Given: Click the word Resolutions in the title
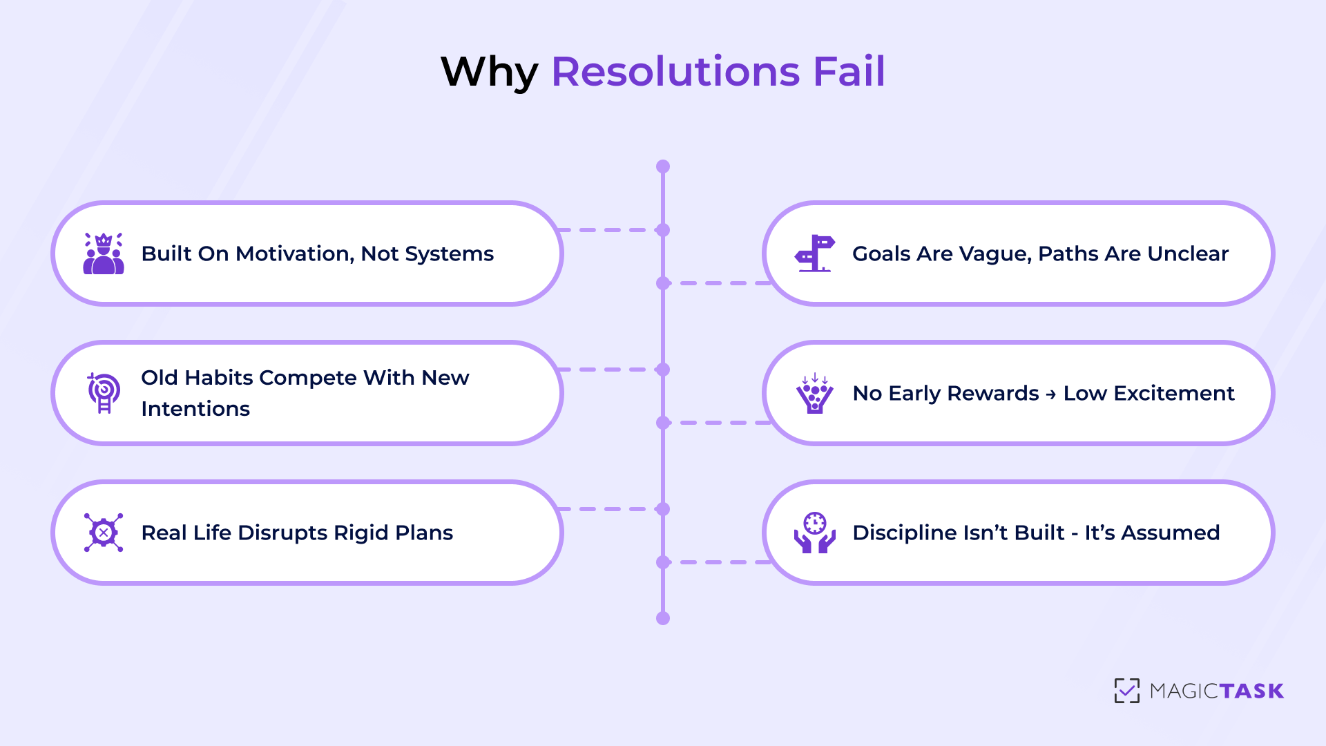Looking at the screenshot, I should (675, 71).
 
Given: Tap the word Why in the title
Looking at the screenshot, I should (489, 73).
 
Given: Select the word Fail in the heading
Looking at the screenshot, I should (849, 71).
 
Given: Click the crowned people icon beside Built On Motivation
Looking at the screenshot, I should (104, 254).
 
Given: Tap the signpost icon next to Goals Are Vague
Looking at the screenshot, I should (815, 254).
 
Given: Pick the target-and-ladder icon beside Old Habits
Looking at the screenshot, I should (104, 393).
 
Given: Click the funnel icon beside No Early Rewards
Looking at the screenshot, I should (815, 393).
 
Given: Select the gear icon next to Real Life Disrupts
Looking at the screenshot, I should (104, 533).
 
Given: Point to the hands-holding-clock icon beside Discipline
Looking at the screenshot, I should (815, 533).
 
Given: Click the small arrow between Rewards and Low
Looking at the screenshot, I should (1051, 394).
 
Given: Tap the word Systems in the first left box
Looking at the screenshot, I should (449, 254).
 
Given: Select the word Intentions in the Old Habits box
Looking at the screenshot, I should (195, 409).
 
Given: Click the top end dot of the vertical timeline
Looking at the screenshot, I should (663, 166).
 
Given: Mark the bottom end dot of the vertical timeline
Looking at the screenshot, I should (663, 618).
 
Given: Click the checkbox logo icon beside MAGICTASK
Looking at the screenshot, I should (1126, 690).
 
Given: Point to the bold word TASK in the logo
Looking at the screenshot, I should (1251, 691).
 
